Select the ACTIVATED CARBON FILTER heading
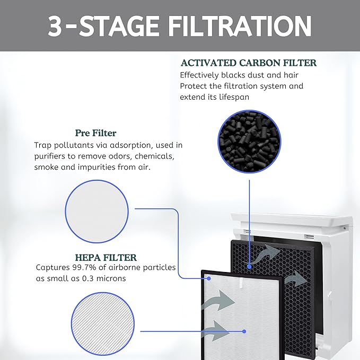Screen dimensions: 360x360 coord(248,63)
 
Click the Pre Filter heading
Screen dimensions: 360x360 coord(95,133)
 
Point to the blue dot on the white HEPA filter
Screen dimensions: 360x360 coord(244,331)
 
